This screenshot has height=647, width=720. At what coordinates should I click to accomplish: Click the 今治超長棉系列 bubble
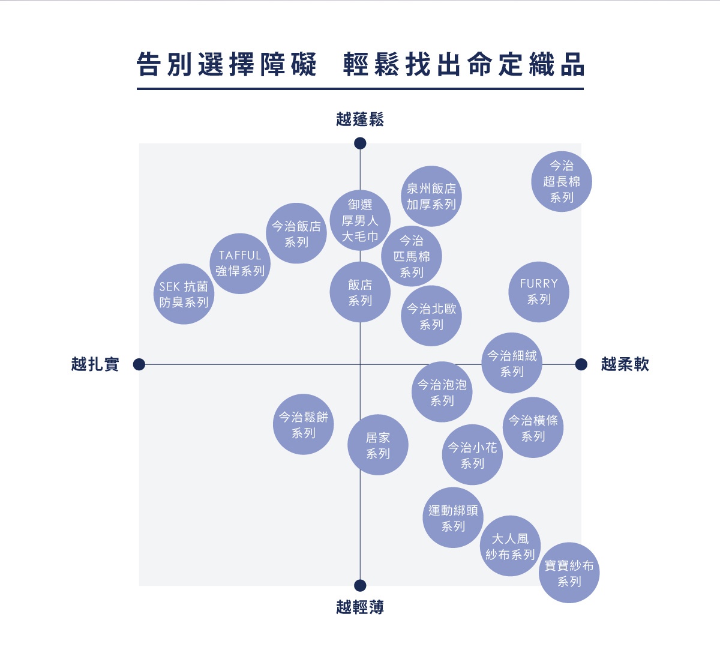point(562,181)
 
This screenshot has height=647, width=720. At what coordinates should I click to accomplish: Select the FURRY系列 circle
point(539,292)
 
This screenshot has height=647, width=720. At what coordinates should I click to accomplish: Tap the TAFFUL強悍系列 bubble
point(240,263)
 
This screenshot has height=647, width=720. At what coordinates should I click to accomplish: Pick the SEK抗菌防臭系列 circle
point(184,294)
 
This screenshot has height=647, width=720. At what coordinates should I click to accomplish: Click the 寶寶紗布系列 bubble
point(569,573)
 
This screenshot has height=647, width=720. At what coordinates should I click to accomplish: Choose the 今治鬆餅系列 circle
point(304,424)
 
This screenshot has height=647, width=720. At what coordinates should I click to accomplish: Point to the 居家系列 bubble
point(378,445)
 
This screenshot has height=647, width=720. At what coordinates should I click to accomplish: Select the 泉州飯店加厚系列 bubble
point(431,196)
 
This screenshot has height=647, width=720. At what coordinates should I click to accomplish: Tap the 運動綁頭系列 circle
point(453,518)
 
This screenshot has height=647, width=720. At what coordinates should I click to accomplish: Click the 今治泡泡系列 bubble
point(442,392)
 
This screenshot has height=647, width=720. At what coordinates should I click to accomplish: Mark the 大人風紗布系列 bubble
point(510,546)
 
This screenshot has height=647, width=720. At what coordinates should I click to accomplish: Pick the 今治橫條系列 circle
point(533,428)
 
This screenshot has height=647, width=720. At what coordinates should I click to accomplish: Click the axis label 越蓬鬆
point(360,119)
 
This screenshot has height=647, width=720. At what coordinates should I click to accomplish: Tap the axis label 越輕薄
point(360,607)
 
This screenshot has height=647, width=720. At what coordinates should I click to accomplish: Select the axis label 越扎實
point(95,364)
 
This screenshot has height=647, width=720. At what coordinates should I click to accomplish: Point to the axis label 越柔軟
point(625,364)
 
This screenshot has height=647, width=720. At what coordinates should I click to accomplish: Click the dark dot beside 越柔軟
point(581,364)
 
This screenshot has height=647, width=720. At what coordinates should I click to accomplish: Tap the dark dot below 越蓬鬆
point(360,143)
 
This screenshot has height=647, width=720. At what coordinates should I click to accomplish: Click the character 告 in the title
point(148,65)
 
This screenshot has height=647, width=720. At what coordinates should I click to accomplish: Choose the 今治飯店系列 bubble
point(296,233)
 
